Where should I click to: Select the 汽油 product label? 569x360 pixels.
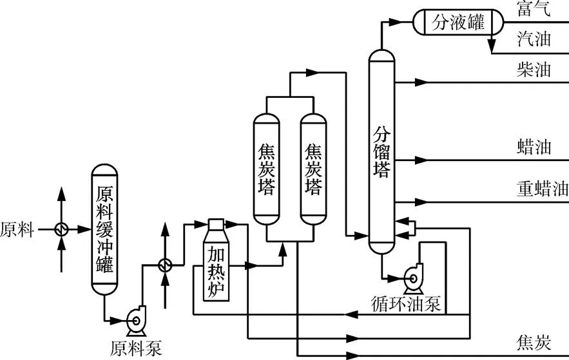tap(534, 39)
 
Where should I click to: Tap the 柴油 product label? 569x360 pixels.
tap(534, 70)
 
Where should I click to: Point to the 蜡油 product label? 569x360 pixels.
tap(534, 147)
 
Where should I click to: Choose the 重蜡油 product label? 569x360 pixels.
tap(542, 189)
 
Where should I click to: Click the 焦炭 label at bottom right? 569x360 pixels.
tap(534, 342)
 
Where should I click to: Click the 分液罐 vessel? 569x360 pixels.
tap(458, 23)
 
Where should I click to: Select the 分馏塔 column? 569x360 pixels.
tap(381, 153)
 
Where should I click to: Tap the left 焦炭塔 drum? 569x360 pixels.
tap(265, 169)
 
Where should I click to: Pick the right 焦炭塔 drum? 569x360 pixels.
tap(313, 169)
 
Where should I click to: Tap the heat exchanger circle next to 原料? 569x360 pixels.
tap(62, 229)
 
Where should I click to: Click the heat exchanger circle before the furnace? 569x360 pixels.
tap(165, 265)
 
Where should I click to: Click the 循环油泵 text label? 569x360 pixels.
tap(407, 303)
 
